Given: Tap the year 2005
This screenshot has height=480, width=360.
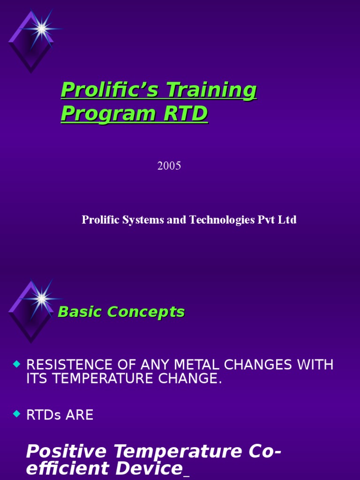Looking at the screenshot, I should tap(169, 166).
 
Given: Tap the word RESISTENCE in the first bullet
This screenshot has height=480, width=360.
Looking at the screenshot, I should tap(69, 365).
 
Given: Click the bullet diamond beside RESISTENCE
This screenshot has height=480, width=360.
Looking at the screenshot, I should tap(17, 364).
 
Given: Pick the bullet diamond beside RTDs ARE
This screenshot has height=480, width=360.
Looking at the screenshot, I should tap(17, 413).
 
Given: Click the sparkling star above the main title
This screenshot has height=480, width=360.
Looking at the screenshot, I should tap(42, 29).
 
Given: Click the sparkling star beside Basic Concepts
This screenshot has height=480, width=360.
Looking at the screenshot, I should tap(42, 298).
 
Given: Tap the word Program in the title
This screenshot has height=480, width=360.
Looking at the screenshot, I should tap(108, 114).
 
